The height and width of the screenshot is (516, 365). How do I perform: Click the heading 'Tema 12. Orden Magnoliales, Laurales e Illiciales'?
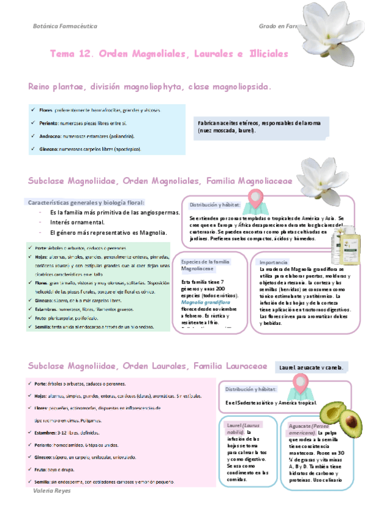tap(169, 54)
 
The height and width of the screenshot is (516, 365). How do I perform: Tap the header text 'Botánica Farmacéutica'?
tap(64, 27)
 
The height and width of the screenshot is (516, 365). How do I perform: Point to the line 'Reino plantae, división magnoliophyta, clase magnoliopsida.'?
tap(150, 87)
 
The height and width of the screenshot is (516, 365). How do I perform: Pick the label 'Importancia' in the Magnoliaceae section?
tap(273, 262)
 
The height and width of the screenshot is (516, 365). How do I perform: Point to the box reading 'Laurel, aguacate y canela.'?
tap(311, 368)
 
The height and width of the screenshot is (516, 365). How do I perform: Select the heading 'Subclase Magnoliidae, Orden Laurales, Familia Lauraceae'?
tap(147, 366)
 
